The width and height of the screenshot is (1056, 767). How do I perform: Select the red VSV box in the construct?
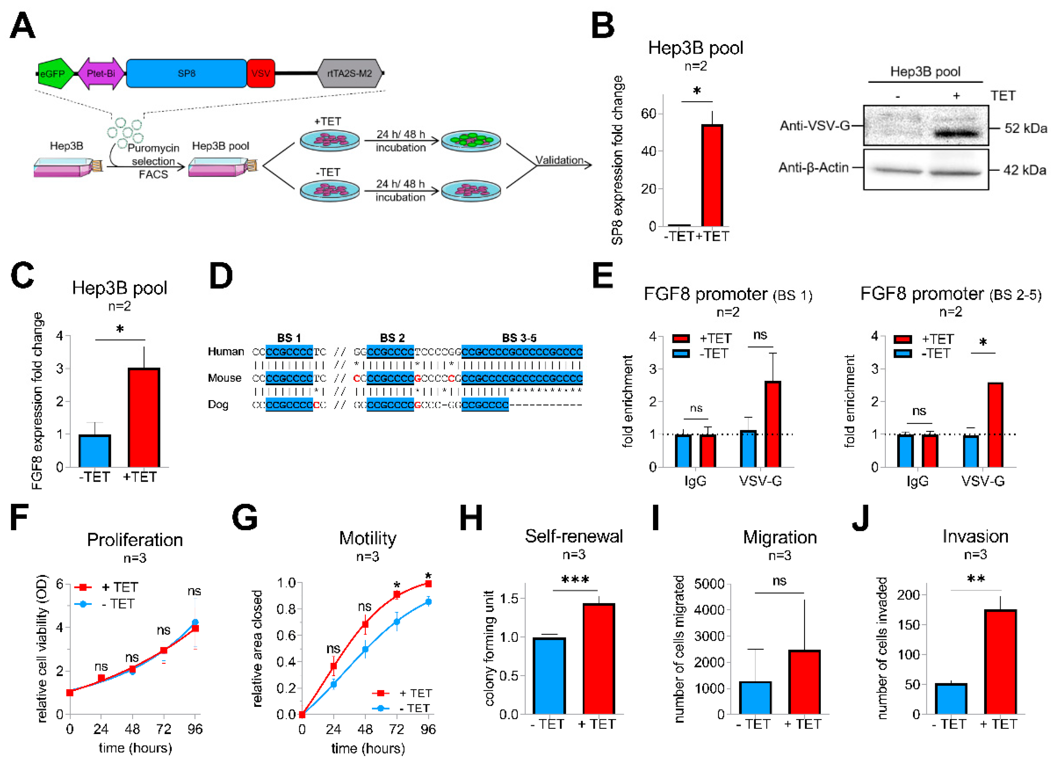(x=261, y=73)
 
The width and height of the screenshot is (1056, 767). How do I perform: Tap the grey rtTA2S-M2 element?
(x=349, y=73)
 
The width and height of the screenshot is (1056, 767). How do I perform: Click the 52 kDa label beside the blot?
(x=1025, y=128)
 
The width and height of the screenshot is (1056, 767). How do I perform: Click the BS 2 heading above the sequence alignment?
(x=392, y=338)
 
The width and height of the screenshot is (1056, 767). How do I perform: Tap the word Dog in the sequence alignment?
(x=218, y=404)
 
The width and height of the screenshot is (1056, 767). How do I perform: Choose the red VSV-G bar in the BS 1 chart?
(x=772, y=424)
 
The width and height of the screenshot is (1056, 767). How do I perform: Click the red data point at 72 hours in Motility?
(x=397, y=595)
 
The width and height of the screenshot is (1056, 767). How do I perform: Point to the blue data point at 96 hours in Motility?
(x=428, y=602)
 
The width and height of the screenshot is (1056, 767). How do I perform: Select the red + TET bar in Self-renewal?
(x=598, y=659)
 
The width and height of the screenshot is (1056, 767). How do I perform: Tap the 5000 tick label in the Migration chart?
(x=709, y=584)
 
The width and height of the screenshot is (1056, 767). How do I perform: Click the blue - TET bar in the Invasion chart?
(x=951, y=698)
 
